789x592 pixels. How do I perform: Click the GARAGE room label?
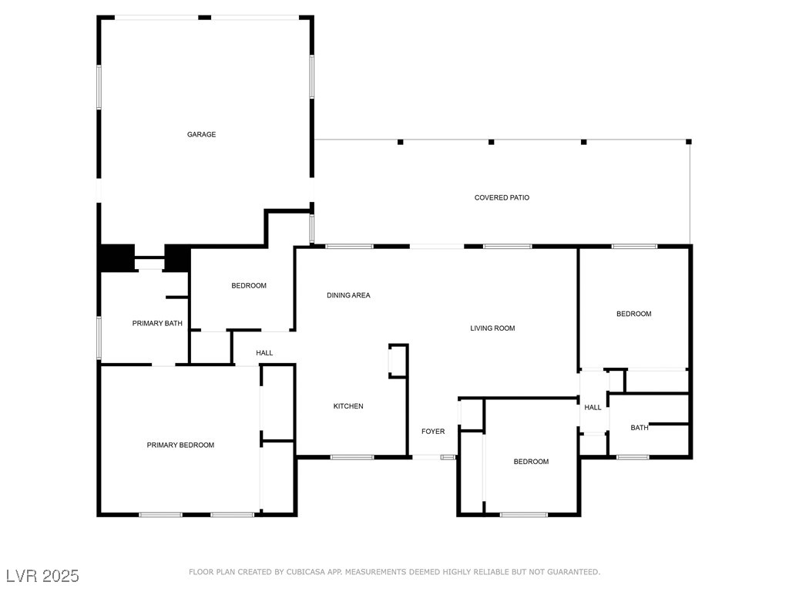201,135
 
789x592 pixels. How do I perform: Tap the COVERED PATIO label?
502,198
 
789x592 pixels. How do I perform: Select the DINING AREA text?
348,295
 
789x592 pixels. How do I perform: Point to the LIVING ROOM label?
492,328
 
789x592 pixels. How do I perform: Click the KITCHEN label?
348,406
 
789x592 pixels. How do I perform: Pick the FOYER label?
433,432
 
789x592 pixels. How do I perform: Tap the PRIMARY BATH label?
157,324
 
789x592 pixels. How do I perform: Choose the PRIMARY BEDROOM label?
180,445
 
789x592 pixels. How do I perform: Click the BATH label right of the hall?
640,428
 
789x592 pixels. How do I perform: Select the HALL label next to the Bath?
593,408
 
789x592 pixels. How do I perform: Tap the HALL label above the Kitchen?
264,353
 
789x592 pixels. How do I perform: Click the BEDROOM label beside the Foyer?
531,462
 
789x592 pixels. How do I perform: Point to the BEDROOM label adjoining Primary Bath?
249,286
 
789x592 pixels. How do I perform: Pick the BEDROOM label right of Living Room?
633,314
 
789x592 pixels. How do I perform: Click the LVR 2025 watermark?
42,576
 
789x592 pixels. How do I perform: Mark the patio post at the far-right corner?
689,142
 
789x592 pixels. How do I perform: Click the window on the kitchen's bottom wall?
352,457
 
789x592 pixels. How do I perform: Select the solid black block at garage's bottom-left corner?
116,257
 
